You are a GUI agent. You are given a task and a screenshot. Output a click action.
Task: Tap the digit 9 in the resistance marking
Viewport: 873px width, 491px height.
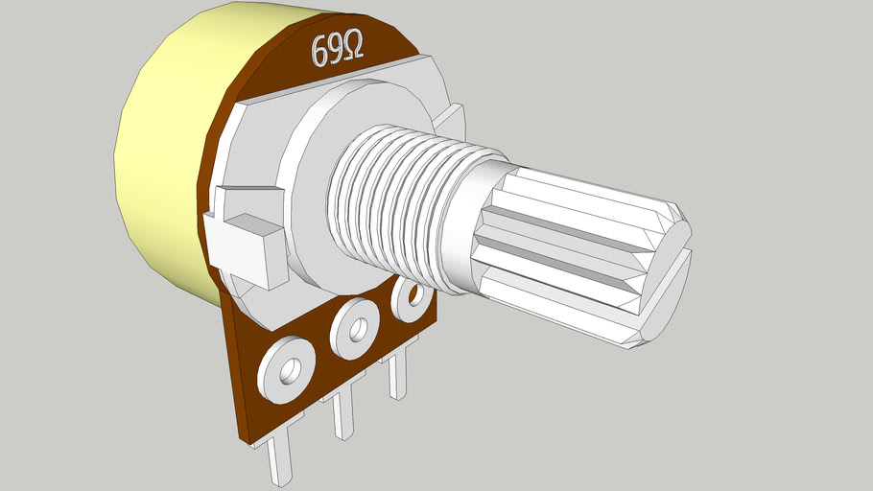(x=336, y=50)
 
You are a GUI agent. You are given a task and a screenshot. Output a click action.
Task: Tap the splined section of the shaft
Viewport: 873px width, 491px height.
(x=576, y=249)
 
